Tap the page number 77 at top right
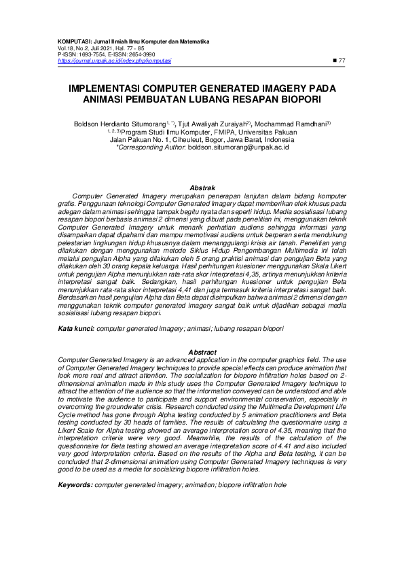tap(342, 60)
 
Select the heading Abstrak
tap(202, 187)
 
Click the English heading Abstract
tap(202, 352)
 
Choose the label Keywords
tap(76, 486)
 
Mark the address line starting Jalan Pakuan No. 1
tap(202, 139)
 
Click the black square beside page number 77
tap(332, 60)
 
